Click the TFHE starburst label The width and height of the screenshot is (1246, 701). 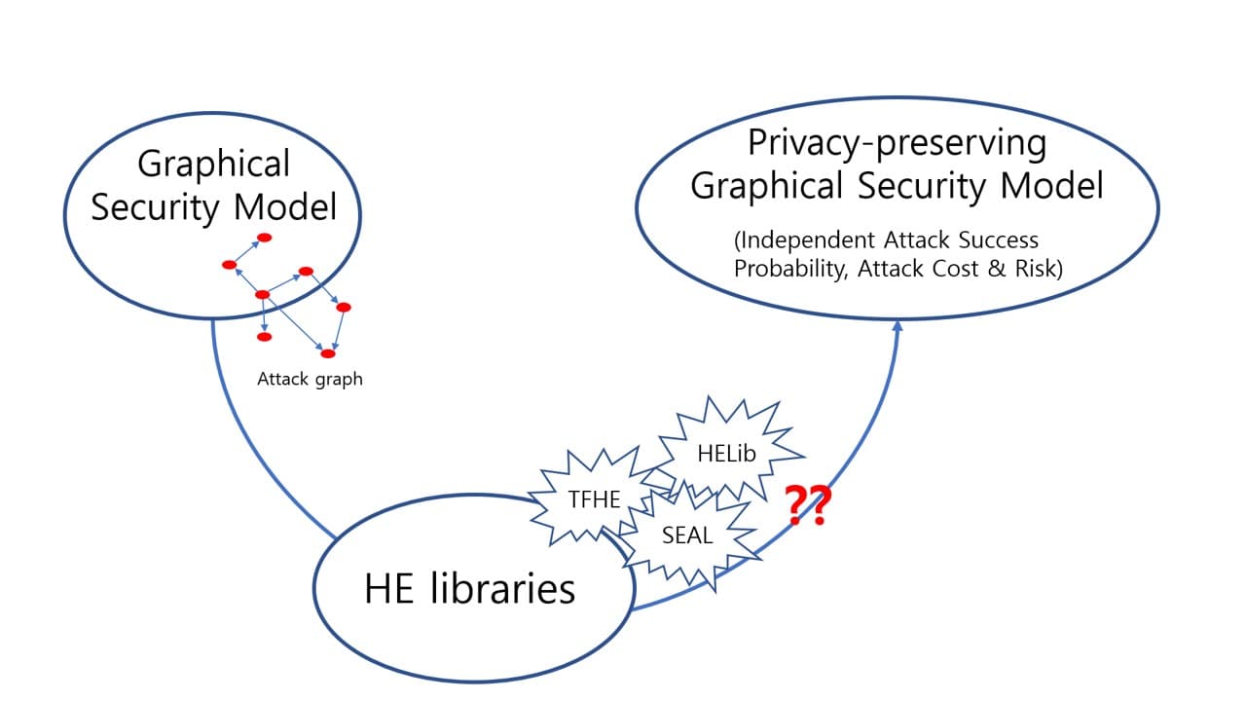point(595,499)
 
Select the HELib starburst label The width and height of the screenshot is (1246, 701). point(726,453)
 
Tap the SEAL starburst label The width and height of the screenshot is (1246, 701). point(687,535)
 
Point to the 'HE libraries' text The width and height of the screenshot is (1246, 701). point(470,589)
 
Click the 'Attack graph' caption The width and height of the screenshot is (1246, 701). point(310,379)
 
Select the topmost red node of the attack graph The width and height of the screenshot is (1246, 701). point(264,238)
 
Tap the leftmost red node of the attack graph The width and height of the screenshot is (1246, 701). point(230,265)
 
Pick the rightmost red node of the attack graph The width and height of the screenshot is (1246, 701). point(343,308)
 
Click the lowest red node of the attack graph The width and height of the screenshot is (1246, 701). point(328,353)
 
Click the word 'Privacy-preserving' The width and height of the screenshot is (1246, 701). point(898,143)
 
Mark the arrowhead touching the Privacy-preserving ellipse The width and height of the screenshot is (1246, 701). point(898,327)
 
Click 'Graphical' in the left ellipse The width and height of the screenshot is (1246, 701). point(213,164)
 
